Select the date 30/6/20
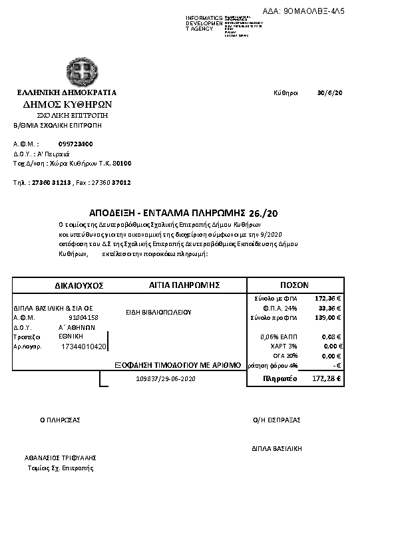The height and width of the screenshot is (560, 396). (x=330, y=92)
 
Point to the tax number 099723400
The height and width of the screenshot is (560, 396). (x=76, y=144)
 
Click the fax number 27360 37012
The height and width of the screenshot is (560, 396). (x=110, y=182)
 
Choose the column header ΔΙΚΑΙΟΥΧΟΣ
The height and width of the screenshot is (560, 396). (x=79, y=285)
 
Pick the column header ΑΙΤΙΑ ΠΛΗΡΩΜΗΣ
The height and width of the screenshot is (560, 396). (x=185, y=284)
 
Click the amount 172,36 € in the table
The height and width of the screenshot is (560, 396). (x=328, y=299)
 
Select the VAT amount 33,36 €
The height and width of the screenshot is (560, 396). (x=330, y=308)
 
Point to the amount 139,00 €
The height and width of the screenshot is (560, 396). (x=329, y=317)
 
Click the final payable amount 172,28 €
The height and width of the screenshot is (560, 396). (x=327, y=378)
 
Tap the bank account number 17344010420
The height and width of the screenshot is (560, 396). (x=83, y=347)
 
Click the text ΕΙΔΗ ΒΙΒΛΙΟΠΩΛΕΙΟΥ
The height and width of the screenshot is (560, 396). (x=158, y=311)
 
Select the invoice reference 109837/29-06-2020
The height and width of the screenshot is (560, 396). (x=165, y=378)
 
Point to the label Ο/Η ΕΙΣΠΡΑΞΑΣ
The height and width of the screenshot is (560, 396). (x=277, y=420)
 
